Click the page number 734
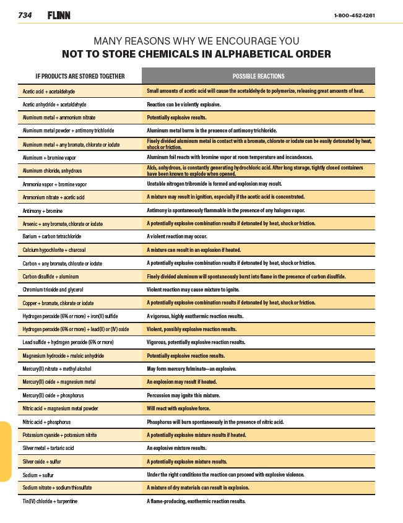point(25,15)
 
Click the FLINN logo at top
point(59,15)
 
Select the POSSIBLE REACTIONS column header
point(258,76)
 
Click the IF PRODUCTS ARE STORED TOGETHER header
point(80,76)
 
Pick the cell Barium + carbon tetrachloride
point(52,236)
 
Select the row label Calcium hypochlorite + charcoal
point(54,250)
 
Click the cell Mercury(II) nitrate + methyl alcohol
point(57,369)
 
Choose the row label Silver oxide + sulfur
point(41,462)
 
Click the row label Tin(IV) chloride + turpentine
point(50,501)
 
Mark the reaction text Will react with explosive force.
point(178,408)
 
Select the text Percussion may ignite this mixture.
point(187,395)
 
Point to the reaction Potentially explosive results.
point(176,118)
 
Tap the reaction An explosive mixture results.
point(177,448)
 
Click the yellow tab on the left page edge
point(6,452)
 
